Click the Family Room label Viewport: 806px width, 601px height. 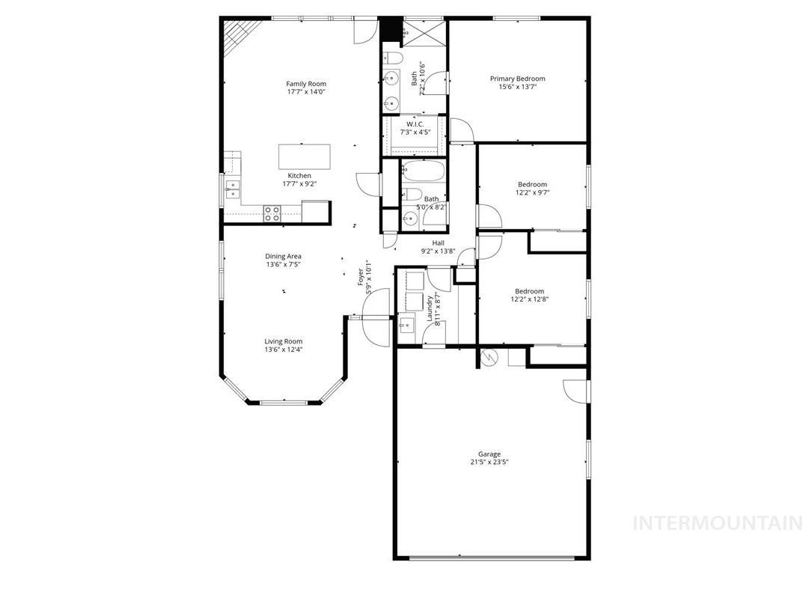click(306, 84)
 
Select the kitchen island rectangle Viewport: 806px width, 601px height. click(305, 157)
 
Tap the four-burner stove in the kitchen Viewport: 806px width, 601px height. click(272, 213)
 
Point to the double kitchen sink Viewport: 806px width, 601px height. click(233, 189)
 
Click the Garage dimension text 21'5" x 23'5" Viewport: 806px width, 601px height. click(489, 463)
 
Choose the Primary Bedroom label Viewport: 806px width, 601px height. click(517, 79)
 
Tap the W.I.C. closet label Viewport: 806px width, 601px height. click(415, 123)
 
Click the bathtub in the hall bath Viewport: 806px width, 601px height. click(423, 172)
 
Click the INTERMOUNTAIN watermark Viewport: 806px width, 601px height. click(718, 522)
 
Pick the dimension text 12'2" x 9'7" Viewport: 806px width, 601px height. click(532, 193)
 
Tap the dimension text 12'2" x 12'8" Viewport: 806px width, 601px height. click(529, 300)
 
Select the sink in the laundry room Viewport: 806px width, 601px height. click(406, 325)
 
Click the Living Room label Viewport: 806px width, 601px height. click(283, 341)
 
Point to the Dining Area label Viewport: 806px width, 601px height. click(283, 256)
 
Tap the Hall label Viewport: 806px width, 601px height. click(438, 243)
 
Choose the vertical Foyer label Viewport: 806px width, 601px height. click(361, 277)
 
